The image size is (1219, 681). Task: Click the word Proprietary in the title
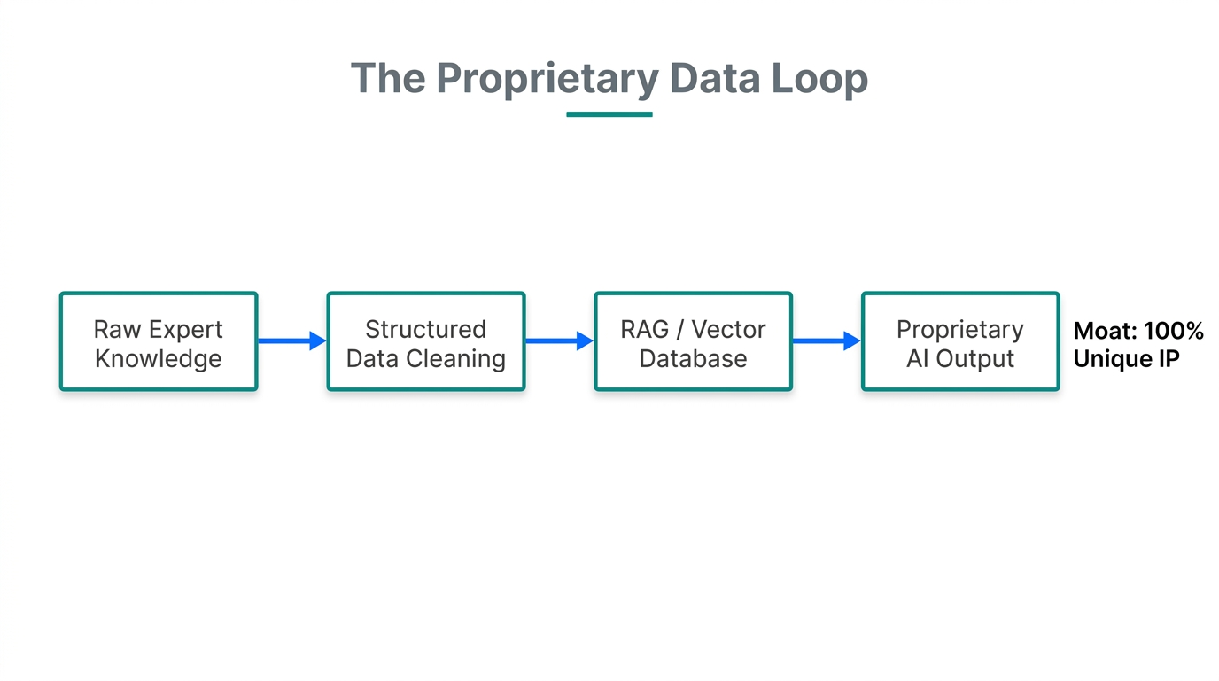[x=547, y=79]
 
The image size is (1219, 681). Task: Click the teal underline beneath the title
[x=609, y=114]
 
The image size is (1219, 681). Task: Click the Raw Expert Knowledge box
[x=159, y=342]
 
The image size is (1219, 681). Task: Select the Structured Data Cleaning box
[x=426, y=342]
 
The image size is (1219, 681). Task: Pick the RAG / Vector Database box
[x=693, y=342]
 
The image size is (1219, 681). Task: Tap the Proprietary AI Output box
[x=960, y=342]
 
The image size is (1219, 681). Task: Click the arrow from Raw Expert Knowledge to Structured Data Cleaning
[x=291, y=340]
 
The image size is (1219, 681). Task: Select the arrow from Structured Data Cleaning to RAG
[x=559, y=340]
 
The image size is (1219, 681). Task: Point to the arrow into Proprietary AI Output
[x=826, y=340]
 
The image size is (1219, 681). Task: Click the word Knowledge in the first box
[x=159, y=359]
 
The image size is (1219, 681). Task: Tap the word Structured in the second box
[x=426, y=330]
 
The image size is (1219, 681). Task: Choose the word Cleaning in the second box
[x=468, y=359]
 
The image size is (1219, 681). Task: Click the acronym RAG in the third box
[x=645, y=330]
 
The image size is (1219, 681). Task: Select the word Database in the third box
[x=693, y=359]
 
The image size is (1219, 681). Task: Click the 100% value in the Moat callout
[x=1174, y=332]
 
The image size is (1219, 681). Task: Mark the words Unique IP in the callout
[x=1126, y=360]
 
